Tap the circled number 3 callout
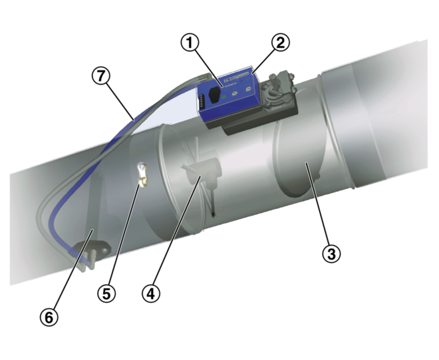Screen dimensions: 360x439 [x=331, y=253]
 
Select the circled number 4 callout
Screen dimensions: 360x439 [x=151, y=293]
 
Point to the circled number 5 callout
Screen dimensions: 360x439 [x=106, y=293]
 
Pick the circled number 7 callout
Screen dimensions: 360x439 [x=100, y=77]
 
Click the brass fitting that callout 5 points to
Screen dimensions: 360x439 [x=142, y=174]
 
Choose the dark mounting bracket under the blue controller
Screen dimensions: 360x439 [x=246, y=126]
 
